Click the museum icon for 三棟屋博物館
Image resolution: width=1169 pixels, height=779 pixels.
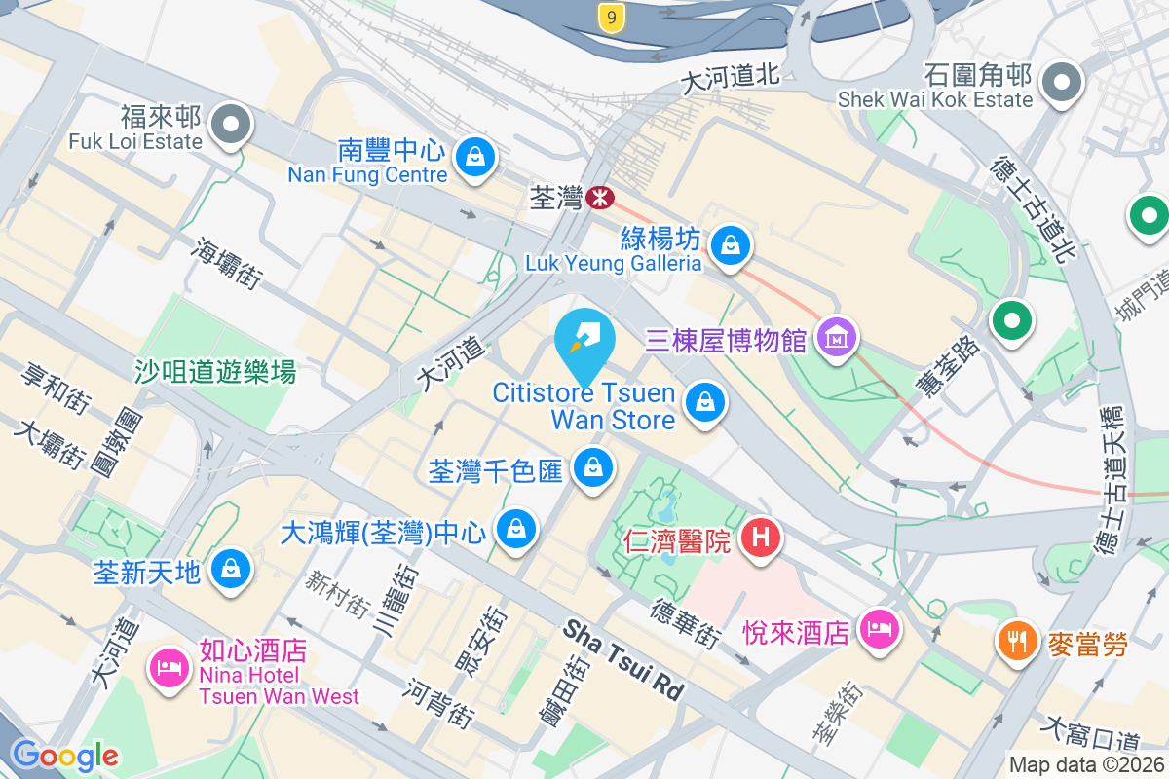click(837, 337)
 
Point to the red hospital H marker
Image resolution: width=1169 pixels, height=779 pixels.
click(761, 537)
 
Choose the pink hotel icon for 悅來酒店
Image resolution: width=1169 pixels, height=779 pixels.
click(881, 628)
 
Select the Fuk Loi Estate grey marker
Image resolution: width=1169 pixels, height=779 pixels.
click(232, 125)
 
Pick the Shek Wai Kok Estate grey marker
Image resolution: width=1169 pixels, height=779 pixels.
click(1061, 82)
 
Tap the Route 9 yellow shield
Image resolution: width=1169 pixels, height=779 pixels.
click(611, 17)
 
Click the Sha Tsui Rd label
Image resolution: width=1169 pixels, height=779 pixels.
click(623, 659)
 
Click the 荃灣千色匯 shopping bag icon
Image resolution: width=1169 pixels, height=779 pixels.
click(591, 468)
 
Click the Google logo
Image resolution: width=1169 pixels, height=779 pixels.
click(65, 755)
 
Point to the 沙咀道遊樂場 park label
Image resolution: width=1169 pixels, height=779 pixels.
click(214, 371)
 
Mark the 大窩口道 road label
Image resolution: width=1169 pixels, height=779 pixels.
click(1090, 729)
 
